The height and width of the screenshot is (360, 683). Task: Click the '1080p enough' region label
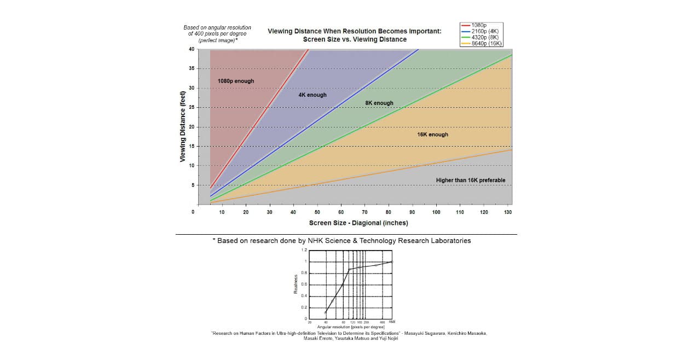tap(236, 81)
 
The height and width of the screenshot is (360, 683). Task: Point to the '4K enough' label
tap(312, 95)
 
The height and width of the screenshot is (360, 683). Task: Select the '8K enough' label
tap(379, 103)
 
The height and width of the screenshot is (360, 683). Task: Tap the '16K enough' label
tap(432, 134)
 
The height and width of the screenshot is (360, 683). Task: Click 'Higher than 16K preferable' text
tap(470, 180)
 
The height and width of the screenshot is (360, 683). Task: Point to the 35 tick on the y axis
tap(191, 69)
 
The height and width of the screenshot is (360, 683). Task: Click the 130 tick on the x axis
tap(508, 212)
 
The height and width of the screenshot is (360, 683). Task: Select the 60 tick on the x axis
tap(341, 212)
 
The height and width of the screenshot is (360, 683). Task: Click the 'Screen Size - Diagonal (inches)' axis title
tap(358, 223)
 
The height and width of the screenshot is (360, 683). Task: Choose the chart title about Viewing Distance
tap(354, 35)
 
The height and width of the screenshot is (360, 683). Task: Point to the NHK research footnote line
tap(342, 240)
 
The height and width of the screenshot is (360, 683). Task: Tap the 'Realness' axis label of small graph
tap(296, 284)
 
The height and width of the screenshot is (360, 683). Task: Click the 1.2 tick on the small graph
tap(305, 250)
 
